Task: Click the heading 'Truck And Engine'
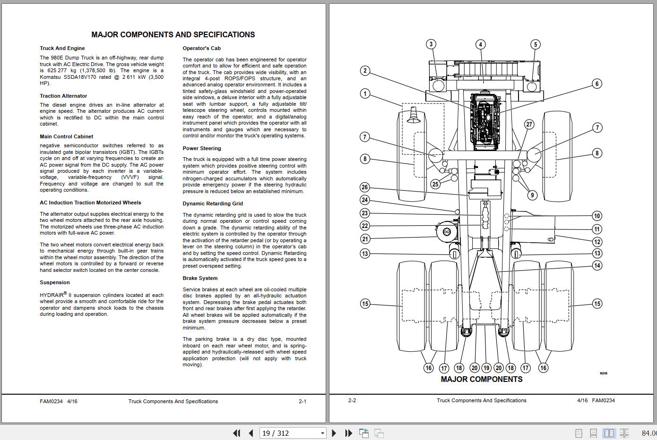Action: tap(62, 48)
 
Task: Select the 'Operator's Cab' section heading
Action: tap(202, 48)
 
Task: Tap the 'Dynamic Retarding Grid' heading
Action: tap(213, 203)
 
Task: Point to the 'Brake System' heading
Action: tap(200, 278)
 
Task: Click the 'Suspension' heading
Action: tap(55, 282)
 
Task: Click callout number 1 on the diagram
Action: tap(365, 93)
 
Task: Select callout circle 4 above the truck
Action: tap(481, 44)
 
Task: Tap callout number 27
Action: tap(529, 124)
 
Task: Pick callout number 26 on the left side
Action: tap(365, 187)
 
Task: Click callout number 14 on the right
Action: tap(597, 265)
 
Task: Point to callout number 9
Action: tap(532, 195)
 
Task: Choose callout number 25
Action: tap(435, 184)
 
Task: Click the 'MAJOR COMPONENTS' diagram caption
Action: tap(481, 379)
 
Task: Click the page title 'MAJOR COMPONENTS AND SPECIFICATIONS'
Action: tap(173, 34)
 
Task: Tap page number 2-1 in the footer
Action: tap(303, 401)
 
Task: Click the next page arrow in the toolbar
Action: tap(334, 433)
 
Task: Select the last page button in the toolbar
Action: tap(349, 433)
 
